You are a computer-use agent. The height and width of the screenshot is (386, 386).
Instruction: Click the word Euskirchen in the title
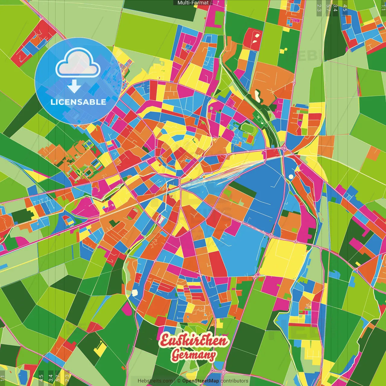pyautogui.click(x=194, y=341)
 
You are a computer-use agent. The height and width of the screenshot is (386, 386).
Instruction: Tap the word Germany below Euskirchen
pyautogui.click(x=194, y=355)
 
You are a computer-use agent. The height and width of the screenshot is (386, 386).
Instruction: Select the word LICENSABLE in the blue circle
pyautogui.click(x=78, y=102)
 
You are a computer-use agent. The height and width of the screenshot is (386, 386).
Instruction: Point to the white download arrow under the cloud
pyautogui.click(x=74, y=87)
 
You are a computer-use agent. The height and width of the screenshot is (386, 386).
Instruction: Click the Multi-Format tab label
pyautogui.click(x=193, y=3)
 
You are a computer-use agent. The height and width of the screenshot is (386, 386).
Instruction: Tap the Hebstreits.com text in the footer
pyautogui.click(x=155, y=381)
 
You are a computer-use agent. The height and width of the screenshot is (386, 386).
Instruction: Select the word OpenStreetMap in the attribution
pyautogui.click(x=201, y=381)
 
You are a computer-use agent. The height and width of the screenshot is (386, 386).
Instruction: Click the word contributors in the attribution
pyautogui.click(x=234, y=381)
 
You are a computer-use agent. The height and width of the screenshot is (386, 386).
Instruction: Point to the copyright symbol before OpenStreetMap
pyautogui.click(x=179, y=381)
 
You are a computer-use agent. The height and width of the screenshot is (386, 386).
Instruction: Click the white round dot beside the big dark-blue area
pyautogui.click(x=291, y=176)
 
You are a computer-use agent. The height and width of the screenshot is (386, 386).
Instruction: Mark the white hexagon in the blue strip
pyautogui.click(x=135, y=292)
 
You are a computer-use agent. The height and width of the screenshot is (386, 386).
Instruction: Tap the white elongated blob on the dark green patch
pyautogui.click(x=258, y=96)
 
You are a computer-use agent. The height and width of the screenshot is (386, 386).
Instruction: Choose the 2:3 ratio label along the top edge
pyautogui.click(x=319, y=8)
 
